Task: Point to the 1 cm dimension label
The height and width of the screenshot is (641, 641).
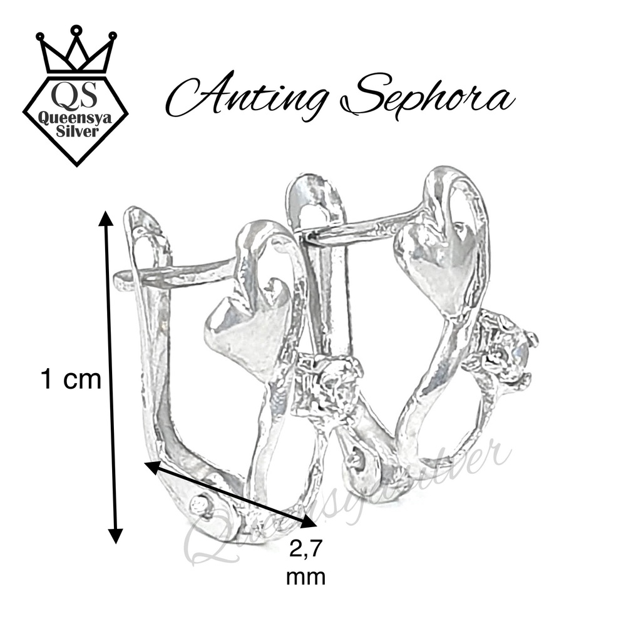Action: coord(70,379)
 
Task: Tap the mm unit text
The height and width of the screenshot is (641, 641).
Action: coord(305,577)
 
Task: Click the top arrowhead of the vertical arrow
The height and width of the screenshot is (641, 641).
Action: coord(106,219)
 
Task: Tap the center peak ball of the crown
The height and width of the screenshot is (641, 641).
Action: coord(76,29)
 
